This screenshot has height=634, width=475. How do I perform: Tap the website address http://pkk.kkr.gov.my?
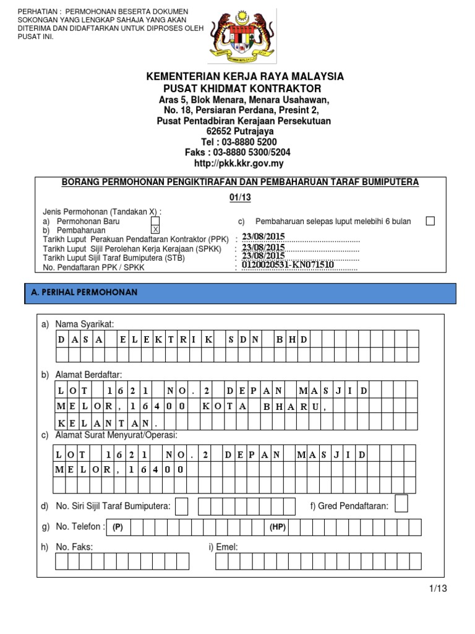pos(237,163)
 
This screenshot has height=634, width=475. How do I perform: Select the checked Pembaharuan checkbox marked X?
pos(155,230)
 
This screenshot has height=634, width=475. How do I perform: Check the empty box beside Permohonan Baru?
pos(155,221)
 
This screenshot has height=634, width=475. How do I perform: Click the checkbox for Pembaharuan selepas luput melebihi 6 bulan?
pos(430,221)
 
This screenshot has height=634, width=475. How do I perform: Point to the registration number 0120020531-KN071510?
pos(288,265)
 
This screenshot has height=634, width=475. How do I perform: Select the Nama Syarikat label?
pos(85,324)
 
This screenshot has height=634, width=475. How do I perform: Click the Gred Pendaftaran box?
pos(401,504)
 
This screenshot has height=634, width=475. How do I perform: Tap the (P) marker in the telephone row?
pos(118,527)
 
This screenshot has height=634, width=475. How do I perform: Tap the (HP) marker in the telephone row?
pos(276,527)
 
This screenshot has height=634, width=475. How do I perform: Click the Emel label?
pos(223,547)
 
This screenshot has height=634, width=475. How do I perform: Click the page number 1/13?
pos(436,588)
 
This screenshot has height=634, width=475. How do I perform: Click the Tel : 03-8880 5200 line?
pos(237,142)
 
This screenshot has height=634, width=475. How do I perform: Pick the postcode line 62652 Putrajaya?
pos(237,131)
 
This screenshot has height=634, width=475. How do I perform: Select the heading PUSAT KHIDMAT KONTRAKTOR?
pos(237,89)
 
